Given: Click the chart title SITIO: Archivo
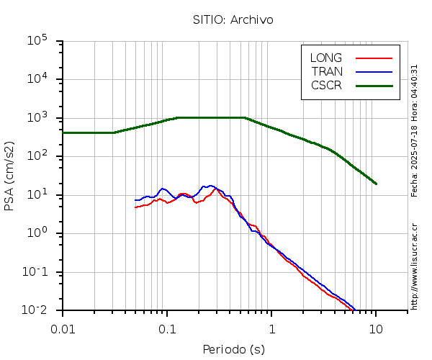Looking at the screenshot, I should click(x=233, y=20).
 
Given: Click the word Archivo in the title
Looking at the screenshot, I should click(x=251, y=20).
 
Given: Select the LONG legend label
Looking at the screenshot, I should click(x=326, y=58).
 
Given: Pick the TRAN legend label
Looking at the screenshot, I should click(x=327, y=71).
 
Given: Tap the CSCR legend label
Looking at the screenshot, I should click(x=326, y=85).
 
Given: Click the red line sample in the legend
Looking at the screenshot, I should click(x=374, y=58).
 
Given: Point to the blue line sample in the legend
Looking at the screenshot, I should click(x=374, y=71).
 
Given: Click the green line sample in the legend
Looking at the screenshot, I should click(x=374, y=85).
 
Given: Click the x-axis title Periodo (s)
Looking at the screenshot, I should click(x=233, y=350).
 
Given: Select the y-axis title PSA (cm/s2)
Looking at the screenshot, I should click(x=10, y=175).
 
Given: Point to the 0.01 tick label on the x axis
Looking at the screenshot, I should click(x=63, y=329).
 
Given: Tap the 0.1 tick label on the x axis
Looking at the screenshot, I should click(x=167, y=329).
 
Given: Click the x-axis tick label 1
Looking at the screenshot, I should click(x=271, y=329).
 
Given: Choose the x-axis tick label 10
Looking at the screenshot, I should click(x=376, y=329).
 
